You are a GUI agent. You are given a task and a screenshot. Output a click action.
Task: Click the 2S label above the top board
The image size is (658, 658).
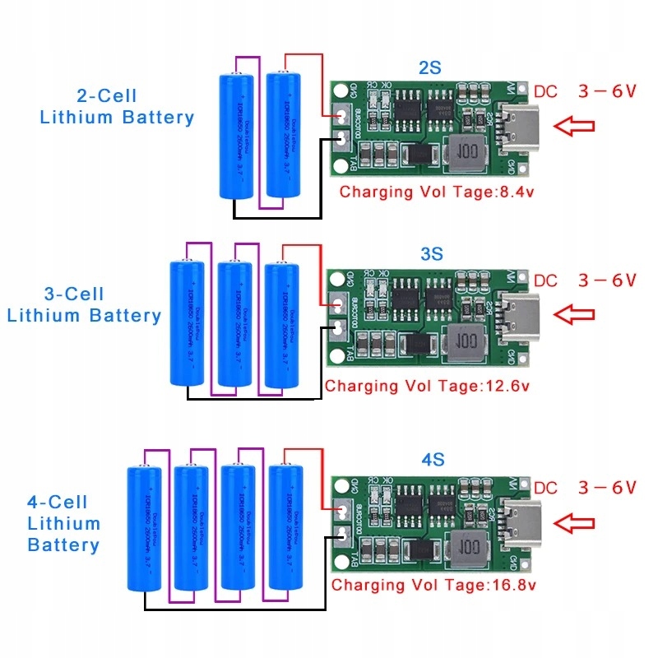[430, 67]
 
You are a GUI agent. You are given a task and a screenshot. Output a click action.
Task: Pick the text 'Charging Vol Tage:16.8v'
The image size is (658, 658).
[433, 585]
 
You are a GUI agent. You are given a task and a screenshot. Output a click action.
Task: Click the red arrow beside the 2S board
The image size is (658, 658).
[573, 126]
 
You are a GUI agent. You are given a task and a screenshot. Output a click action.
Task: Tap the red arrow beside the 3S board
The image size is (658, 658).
[573, 313]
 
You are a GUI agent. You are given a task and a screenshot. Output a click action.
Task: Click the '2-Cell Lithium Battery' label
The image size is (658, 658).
[117, 107]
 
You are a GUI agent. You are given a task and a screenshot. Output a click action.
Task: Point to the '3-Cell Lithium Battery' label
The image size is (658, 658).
[83, 305]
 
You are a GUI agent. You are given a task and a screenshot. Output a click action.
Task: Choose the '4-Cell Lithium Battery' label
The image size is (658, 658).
[63, 523]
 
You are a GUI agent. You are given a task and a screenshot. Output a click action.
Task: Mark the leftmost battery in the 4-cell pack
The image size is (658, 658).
[146, 529]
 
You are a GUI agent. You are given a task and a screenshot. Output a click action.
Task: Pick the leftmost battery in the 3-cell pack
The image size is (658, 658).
[188, 322]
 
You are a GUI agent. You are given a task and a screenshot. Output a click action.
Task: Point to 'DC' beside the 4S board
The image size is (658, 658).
[545, 488]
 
